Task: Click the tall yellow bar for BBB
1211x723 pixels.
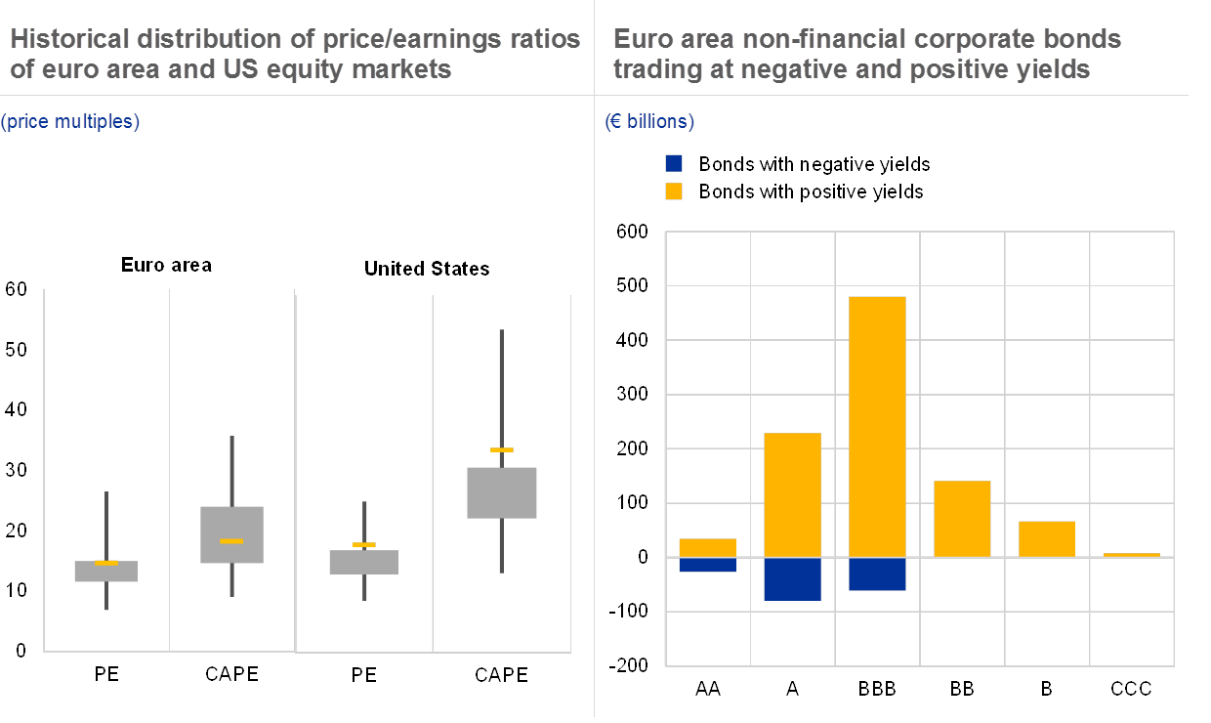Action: point(877,426)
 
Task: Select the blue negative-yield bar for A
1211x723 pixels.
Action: point(792,578)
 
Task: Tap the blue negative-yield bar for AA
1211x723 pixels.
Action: point(707,565)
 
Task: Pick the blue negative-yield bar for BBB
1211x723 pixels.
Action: point(877,574)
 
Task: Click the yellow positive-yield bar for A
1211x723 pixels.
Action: point(792,494)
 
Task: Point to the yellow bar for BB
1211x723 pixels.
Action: point(962,519)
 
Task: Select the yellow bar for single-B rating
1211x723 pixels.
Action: point(1047,538)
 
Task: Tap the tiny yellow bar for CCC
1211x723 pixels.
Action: point(1132,555)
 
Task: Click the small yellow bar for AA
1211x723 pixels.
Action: point(707,547)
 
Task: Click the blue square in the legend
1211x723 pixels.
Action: point(674,164)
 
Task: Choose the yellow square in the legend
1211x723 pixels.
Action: point(674,191)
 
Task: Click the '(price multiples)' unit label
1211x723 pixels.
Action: point(70,122)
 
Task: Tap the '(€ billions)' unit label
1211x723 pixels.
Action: point(649,122)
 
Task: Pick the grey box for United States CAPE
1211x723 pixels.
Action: point(501,492)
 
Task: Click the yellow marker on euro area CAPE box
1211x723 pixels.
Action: point(231,540)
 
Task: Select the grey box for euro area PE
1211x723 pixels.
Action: point(106,572)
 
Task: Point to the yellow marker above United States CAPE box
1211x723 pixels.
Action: point(501,449)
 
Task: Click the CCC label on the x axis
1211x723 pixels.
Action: point(1132,689)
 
